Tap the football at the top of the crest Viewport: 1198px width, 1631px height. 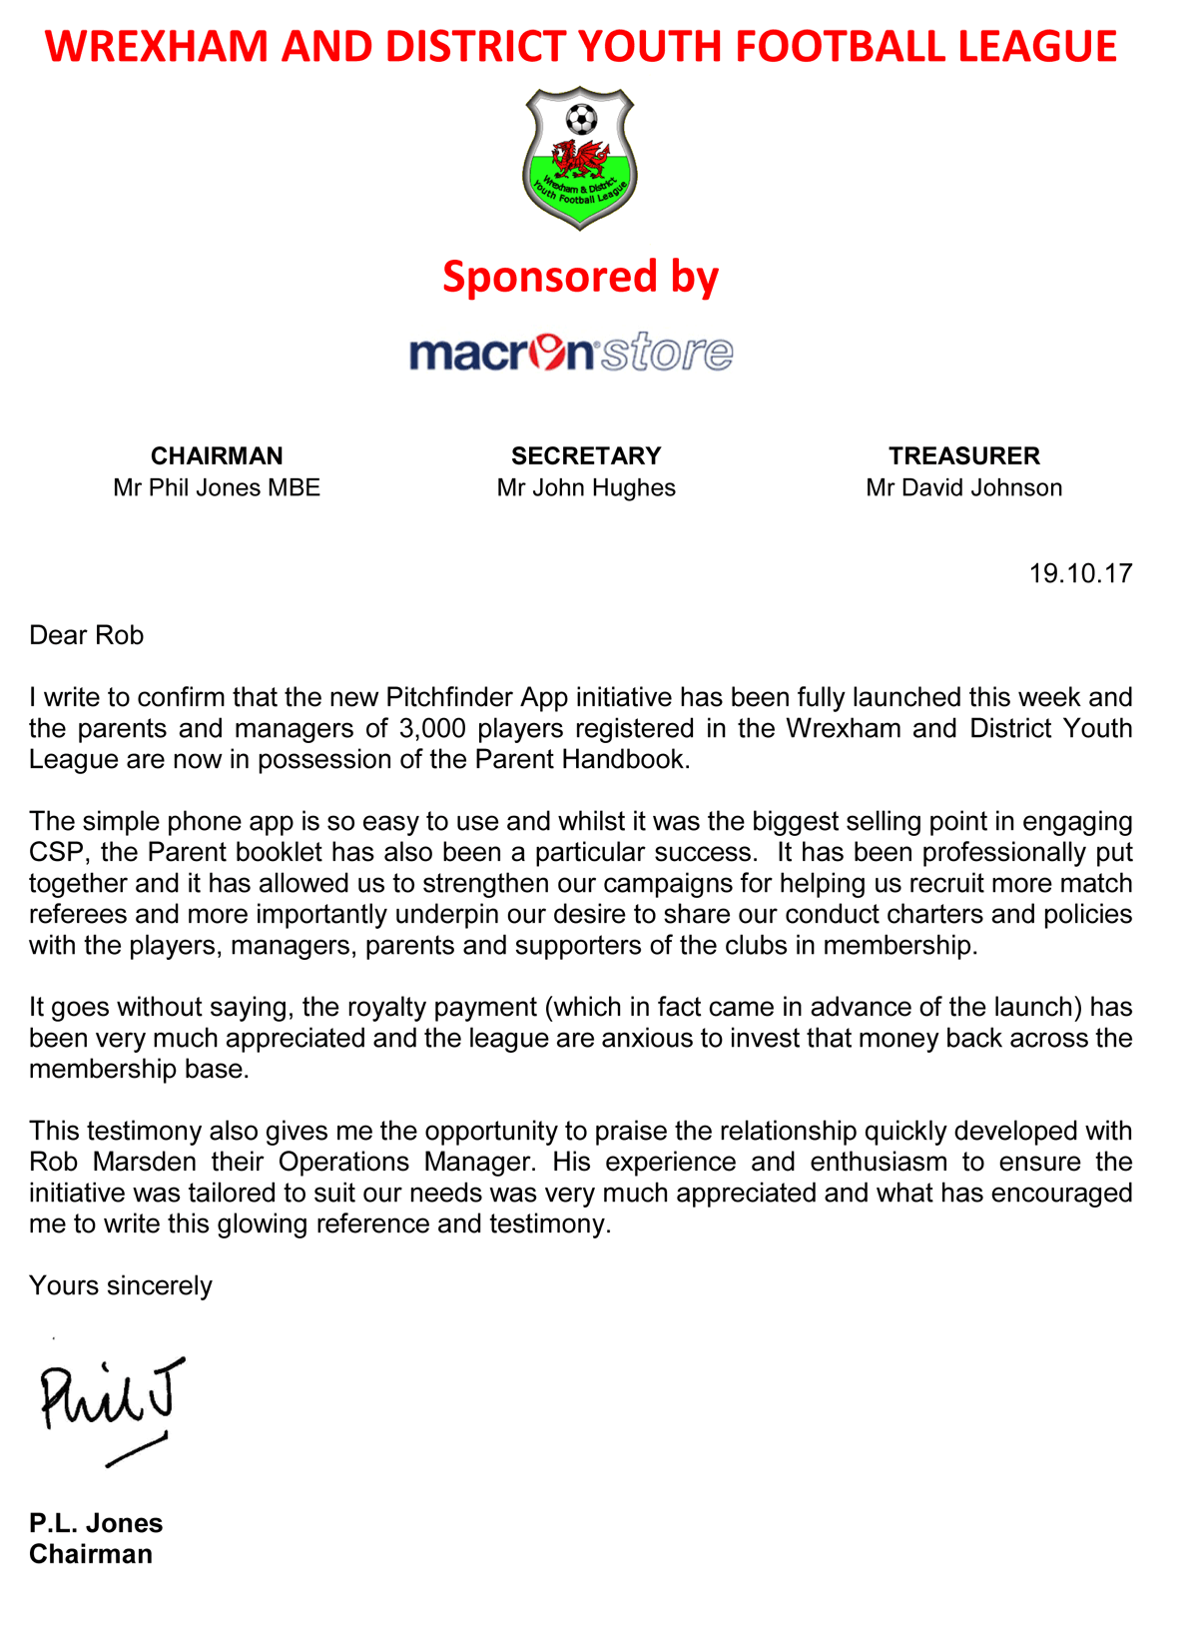(x=581, y=120)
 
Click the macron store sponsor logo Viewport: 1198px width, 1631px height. (x=571, y=353)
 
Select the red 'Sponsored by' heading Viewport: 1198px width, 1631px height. (x=580, y=277)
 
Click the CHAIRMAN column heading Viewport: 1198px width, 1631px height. (x=217, y=456)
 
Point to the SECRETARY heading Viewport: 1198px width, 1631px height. (x=586, y=456)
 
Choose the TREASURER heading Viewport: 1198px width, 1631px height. (x=964, y=456)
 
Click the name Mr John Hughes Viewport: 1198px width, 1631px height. (x=586, y=488)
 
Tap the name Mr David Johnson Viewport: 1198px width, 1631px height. (x=964, y=488)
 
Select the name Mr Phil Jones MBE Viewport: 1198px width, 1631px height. (x=217, y=488)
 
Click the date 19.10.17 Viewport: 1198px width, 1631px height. (x=1081, y=573)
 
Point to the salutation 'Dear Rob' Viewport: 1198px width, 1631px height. (x=87, y=636)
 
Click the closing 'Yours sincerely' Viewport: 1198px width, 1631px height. (x=121, y=1286)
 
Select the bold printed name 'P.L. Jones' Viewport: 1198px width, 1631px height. (x=96, y=1523)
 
